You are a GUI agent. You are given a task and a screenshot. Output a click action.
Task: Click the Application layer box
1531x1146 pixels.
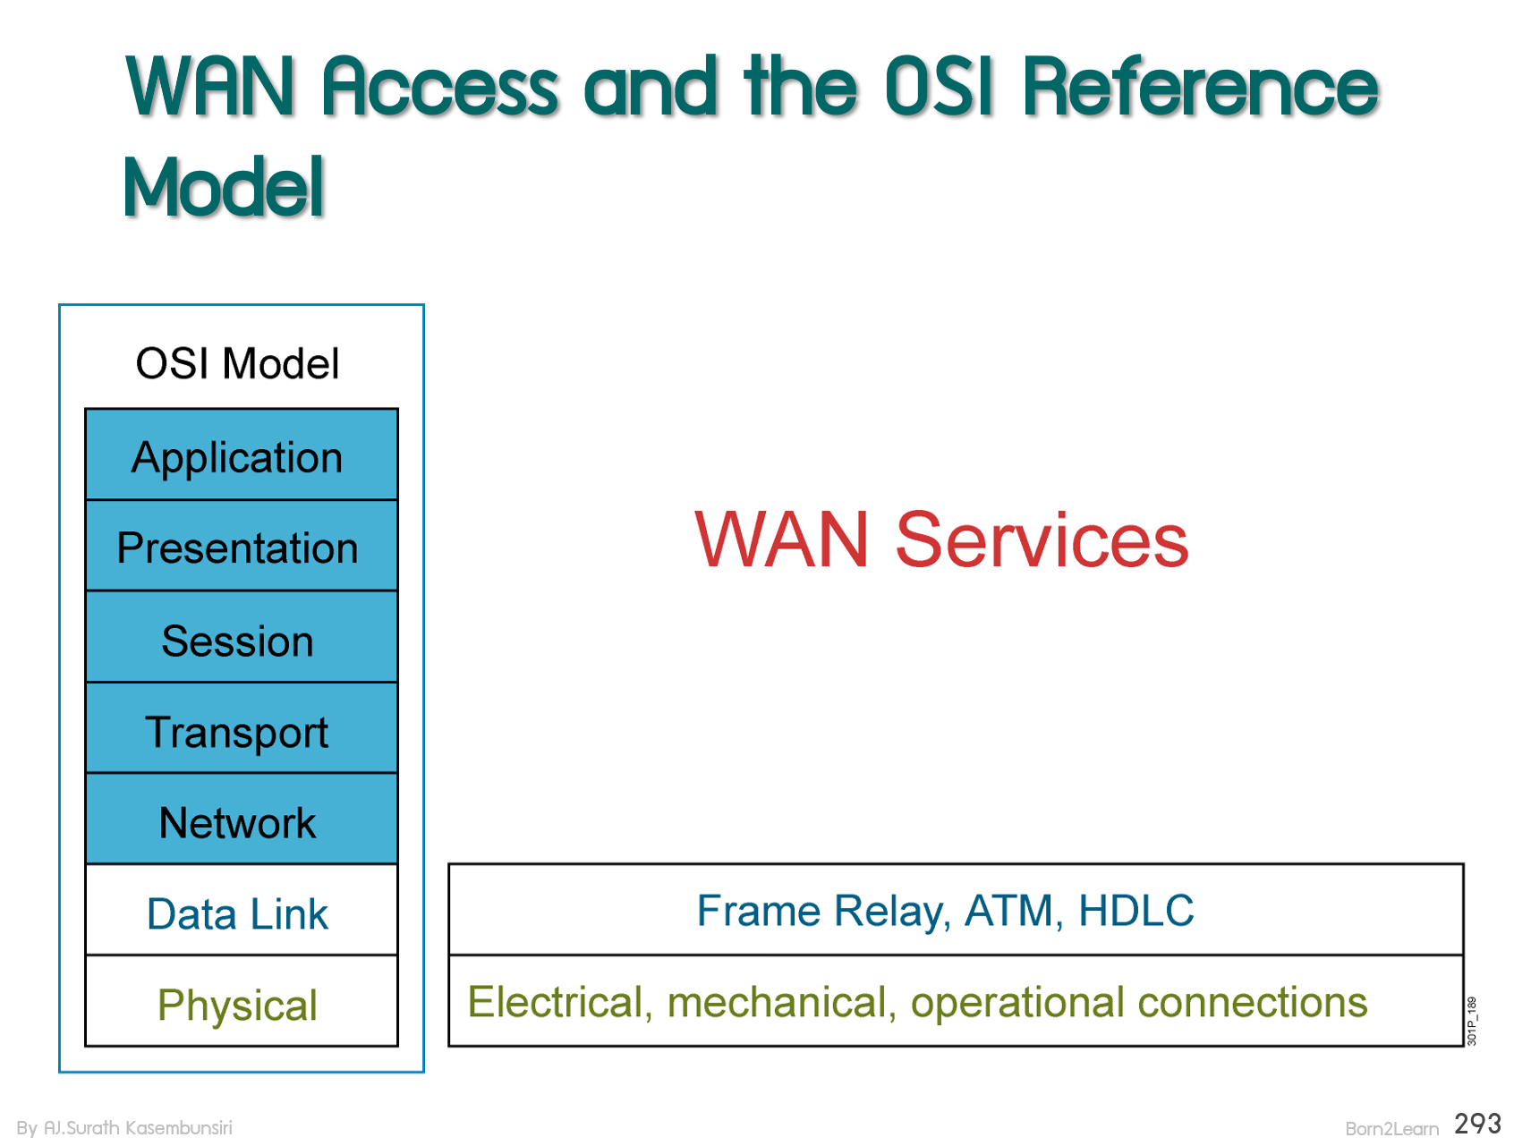click(x=241, y=455)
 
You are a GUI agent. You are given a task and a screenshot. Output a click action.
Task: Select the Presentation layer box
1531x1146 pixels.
click(x=241, y=547)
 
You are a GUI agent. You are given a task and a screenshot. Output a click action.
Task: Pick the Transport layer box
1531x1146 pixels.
click(x=241, y=730)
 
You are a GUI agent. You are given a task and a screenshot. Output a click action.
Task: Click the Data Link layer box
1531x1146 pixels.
click(x=241, y=913)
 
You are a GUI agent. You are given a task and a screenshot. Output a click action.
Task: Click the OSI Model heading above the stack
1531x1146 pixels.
click(x=237, y=364)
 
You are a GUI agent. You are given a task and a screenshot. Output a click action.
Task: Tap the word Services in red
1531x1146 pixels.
click(x=1041, y=539)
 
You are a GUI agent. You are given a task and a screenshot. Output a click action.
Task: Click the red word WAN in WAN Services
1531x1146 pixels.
click(x=781, y=539)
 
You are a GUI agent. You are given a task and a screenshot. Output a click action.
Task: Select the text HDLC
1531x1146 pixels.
click(x=1135, y=911)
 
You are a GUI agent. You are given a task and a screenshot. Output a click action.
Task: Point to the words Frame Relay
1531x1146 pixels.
click(x=821, y=911)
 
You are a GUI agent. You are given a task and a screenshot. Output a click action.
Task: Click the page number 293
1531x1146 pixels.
click(x=1477, y=1124)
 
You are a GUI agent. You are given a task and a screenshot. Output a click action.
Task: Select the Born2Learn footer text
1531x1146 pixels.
click(x=1391, y=1128)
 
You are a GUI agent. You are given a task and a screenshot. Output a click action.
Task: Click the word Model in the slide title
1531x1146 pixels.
click(x=224, y=187)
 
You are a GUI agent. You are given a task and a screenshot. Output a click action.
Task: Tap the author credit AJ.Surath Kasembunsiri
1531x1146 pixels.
click(x=138, y=1127)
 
